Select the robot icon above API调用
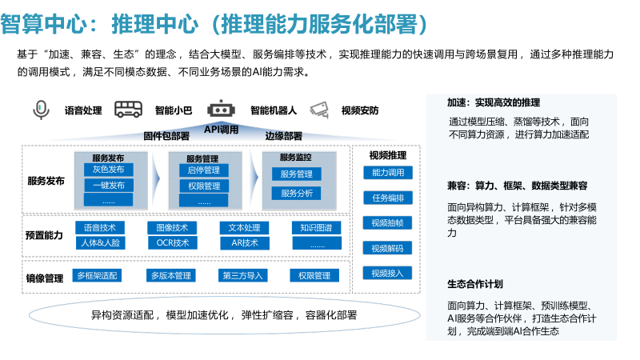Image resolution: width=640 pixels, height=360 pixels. [221, 109]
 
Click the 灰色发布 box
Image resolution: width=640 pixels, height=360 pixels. [109, 170]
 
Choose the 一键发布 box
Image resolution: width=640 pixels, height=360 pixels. [109, 186]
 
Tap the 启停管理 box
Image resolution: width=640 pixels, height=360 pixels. [203, 170]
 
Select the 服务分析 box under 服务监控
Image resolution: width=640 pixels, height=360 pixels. [297, 193]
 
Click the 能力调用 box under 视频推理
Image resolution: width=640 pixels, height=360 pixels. [388, 172]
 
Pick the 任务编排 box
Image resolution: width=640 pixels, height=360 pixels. [388, 198]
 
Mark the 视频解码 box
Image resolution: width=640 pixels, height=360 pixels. [388, 248]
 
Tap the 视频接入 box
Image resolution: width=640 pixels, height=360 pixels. [388, 273]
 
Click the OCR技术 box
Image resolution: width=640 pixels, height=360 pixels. [173, 242]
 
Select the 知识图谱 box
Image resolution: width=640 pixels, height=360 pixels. [316, 228]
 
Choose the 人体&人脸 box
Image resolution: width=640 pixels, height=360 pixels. [100, 242]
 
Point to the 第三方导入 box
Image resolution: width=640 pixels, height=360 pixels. [244, 276]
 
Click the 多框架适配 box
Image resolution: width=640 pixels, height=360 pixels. [97, 276]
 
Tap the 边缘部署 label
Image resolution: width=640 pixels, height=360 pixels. [283, 136]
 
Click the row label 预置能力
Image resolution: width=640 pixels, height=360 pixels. [44, 235]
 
